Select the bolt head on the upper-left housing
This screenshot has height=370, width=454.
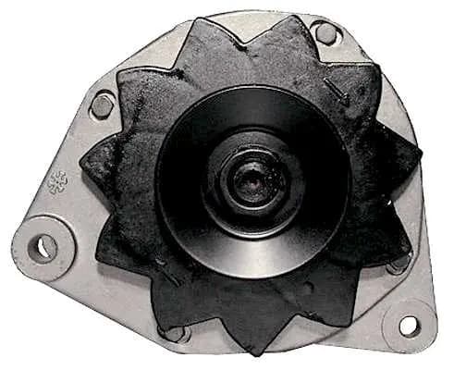tap(103, 105)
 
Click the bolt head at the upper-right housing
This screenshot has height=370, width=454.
tap(325, 32)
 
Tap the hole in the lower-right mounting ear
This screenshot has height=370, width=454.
tap(408, 326)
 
